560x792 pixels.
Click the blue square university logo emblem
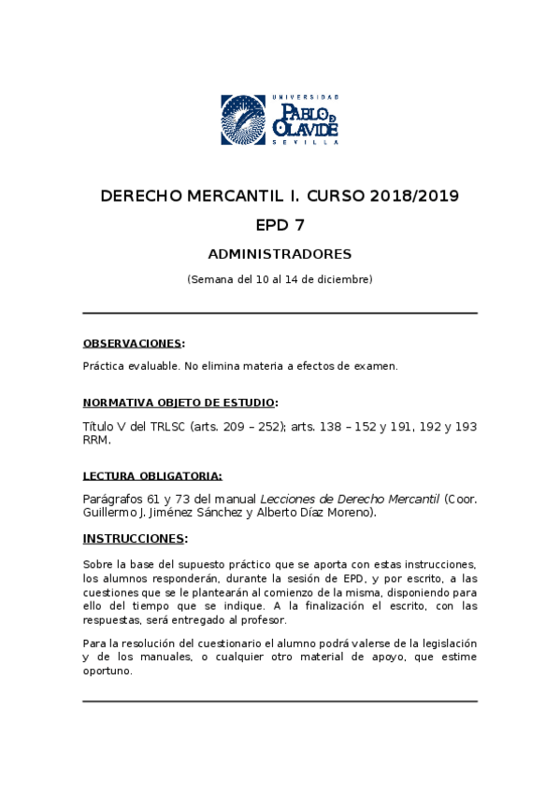tap(244, 120)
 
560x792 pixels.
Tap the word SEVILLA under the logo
tap(305, 142)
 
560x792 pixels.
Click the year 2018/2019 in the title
tap(415, 197)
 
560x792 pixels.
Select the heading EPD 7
tap(280, 225)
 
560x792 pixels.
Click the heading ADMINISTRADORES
tap(280, 254)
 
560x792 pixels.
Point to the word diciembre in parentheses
tap(343, 279)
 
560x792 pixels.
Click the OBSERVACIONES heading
tap(132, 343)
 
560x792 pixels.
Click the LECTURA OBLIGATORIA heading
tap(152, 475)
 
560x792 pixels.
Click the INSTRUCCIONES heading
tap(134, 539)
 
